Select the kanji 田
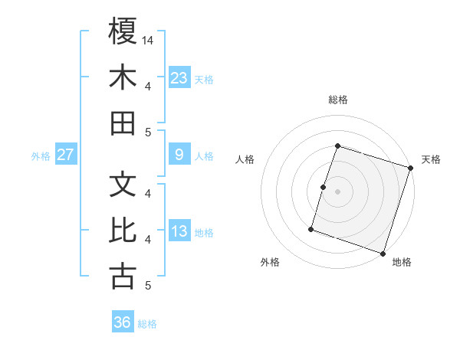coord(123,123)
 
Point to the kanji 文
coord(123,184)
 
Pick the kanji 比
coord(123,230)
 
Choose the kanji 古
coord(123,276)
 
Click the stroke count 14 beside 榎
coord(149,40)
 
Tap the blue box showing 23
coord(179,77)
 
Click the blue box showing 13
coord(179,231)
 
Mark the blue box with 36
coord(123,322)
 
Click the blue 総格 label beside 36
coord(148,324)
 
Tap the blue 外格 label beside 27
coord(41,156)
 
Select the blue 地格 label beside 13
coord(205,233)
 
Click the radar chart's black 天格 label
coord(431,159)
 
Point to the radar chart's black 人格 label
coord(245,159)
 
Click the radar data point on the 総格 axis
coord(337,146)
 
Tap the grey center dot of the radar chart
coord(337,191)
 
